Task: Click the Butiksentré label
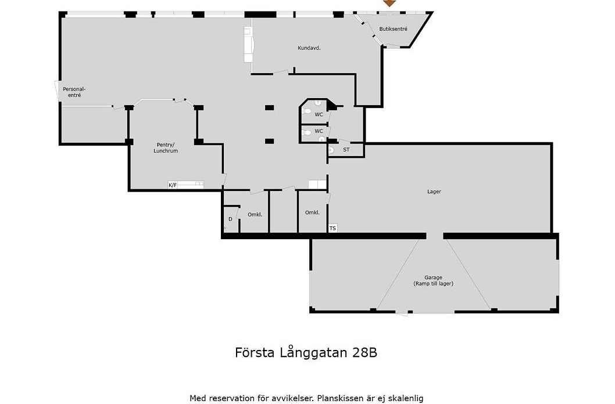393,29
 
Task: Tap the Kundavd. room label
309,48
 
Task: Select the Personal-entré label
74,92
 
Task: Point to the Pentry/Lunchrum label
166,147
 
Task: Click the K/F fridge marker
173,185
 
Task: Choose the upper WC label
319,115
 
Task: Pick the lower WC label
319,131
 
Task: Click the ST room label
346,150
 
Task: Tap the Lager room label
434,192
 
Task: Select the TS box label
332,228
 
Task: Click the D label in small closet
230,219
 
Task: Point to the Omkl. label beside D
255,215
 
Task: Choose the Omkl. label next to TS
312,212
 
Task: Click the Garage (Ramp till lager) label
434,281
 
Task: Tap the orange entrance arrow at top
389,3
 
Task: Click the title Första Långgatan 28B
306,353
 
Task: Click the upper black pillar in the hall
270,107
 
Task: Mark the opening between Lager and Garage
435,236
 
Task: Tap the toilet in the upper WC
306,111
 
